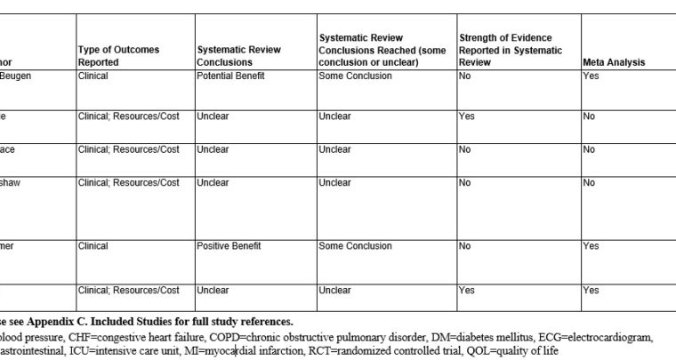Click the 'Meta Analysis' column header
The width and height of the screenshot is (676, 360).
pyautogui.click(x=614, y=63)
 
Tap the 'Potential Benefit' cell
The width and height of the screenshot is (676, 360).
pyautogui.click(x=230, y=76)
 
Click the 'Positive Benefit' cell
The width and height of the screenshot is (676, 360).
pyautogui.click(x=229, y=246)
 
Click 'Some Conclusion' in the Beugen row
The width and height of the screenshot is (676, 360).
pyautogui.click(x=355, y=76)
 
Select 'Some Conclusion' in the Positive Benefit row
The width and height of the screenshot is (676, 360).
pyautogui.click(x=355, y=246)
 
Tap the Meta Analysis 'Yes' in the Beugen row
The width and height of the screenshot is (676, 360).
pyautogui.click(x=591, y=76)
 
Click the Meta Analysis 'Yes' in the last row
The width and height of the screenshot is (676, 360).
pyautogui.click(x=591, y=290)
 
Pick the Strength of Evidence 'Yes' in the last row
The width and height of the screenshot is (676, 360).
pyautogui.click(x=466, y=290)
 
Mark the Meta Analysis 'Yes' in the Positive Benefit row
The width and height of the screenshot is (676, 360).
pyautogui.click(x=591, y=246)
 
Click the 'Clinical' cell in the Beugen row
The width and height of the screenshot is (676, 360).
pyautogui.click(x=93, y=76)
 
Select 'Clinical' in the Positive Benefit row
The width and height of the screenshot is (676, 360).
pyautogui.click(x=93, y=246)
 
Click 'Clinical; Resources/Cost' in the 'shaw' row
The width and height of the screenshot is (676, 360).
pyautogui.click(x=129, y=182)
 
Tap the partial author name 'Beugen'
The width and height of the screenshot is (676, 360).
pyautogui.click(x=16, y=76)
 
